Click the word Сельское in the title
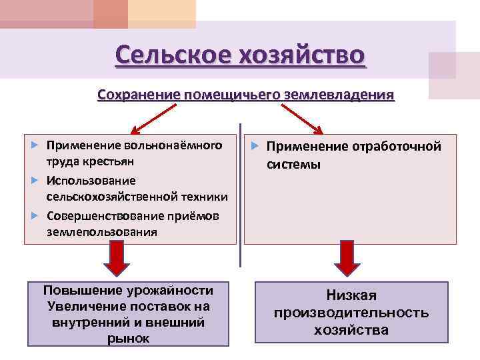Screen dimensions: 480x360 point(170,54)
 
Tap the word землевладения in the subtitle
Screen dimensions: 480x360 point(340,95)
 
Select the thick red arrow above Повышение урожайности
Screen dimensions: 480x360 point(117,259)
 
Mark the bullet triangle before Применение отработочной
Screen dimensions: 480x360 point(256,146)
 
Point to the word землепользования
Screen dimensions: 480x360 point(102,233)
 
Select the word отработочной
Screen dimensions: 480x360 point(398,147)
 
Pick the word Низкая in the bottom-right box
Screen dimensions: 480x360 point(351,295)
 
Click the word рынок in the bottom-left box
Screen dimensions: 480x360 point(128,339)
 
